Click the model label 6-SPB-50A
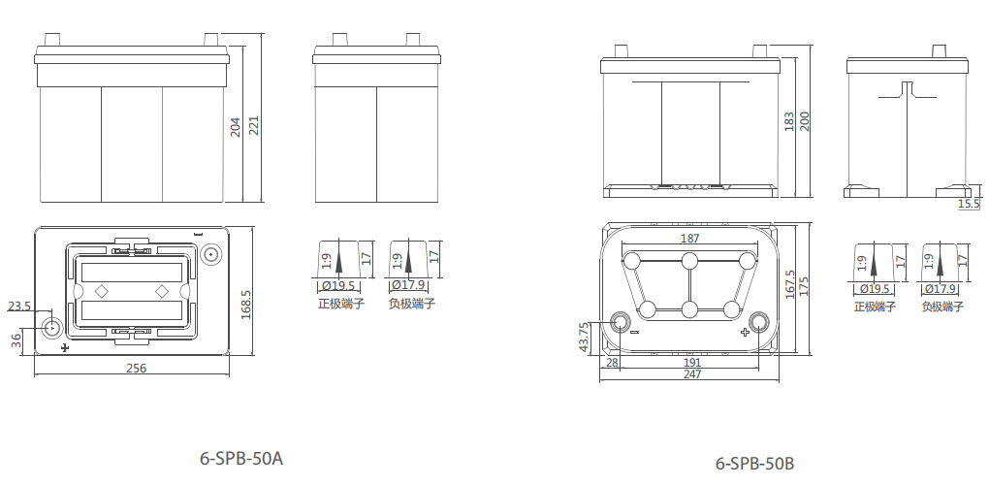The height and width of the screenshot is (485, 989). (241, 457)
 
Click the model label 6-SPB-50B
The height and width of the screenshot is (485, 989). (755, 464)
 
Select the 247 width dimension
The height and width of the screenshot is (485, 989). (691, 374)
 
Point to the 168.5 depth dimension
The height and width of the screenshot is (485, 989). (246, 305)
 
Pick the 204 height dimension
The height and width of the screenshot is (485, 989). (236, 126)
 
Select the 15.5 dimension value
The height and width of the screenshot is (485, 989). (969, 204)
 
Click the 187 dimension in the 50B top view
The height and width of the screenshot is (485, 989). (690, 239)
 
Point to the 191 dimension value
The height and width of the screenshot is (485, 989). (691, 362)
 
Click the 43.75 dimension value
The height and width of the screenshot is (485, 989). (584, 338)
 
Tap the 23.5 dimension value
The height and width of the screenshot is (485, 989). (19, 307)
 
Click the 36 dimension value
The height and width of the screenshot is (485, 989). (16, 339)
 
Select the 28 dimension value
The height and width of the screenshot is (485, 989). (612, 362)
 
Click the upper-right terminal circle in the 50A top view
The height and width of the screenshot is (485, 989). (211, 255)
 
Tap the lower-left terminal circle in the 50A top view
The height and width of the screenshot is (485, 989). (51, 328)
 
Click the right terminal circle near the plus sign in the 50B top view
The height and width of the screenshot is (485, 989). (760, 321)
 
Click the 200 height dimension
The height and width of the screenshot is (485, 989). (804, 121)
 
